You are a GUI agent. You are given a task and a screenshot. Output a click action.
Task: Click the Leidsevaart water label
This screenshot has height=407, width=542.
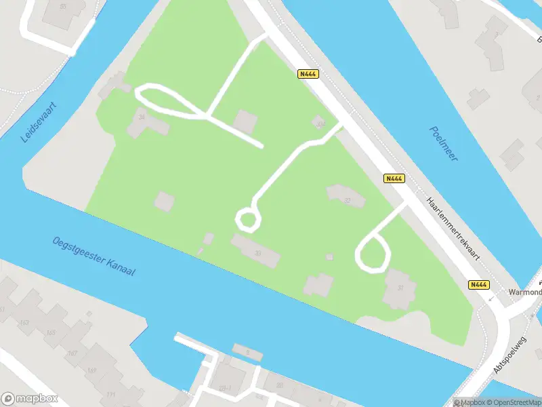pyautogui.click(x=40, y=122)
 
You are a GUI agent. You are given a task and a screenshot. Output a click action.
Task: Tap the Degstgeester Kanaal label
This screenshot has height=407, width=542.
pyautogui.click(x=94, y=256)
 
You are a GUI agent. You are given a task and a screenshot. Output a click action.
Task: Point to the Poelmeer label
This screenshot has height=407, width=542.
pyautogui.click(x=444, y=143)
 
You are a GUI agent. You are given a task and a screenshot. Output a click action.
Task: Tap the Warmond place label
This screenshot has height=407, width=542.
pyautogui.click(x=526, y=292)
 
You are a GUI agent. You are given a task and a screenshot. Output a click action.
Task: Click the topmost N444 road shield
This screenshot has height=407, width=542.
pyautogui.click(x=308, y=74)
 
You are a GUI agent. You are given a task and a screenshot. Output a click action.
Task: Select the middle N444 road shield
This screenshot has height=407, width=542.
pyautogui.click(x=394, y=178)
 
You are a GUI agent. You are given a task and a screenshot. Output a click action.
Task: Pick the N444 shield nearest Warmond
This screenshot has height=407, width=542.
pyautogui.click(x=479, y=285)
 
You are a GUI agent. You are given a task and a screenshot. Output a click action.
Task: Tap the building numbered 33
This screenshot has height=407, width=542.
pyautogui.click(x=257, y=253)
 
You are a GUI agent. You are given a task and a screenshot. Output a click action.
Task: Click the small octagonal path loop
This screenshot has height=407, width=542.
pyautogui.click(x=247, y=219)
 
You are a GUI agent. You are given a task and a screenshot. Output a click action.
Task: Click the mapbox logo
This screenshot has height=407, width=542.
pyautogui.click(x=30, y=399)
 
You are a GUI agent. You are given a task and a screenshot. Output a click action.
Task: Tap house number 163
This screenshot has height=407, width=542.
pyautogui.click(x=25, y=322)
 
